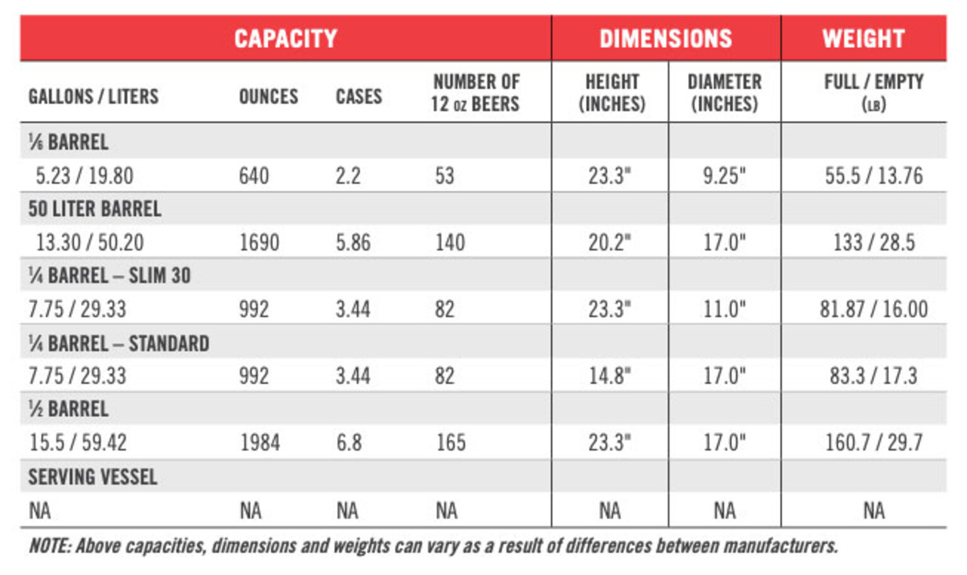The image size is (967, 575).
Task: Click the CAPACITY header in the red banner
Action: coord(285,39)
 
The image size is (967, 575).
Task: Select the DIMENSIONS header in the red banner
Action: coord(665,39)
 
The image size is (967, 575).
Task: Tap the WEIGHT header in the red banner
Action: coord(863,39)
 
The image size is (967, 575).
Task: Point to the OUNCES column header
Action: coord(268,96)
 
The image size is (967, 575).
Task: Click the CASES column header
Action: coord(358,96)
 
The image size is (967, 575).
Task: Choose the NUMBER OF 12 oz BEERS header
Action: coord(475,93)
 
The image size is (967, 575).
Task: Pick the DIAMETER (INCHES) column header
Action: coord(724,93)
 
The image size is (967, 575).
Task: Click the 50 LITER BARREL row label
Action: coord(94,209)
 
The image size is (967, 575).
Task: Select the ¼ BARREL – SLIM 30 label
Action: coord(109,276)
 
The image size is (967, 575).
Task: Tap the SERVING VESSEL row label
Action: coord(93,477)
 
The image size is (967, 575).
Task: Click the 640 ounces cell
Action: coord(254,176)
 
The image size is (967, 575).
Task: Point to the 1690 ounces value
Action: coord(259,242)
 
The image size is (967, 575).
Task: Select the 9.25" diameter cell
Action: coord(724,176)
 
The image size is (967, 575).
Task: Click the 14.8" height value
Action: coord(609,376)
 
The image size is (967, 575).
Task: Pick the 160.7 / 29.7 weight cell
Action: coord(873,443)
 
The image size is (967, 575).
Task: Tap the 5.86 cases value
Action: coord(353,242)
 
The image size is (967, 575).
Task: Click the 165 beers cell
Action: coord(451,443)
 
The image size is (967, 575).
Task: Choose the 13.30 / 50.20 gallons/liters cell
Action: coord(89,242)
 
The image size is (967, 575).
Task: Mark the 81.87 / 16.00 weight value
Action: coord(873,309)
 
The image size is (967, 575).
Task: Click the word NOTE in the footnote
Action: coord(49,546)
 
